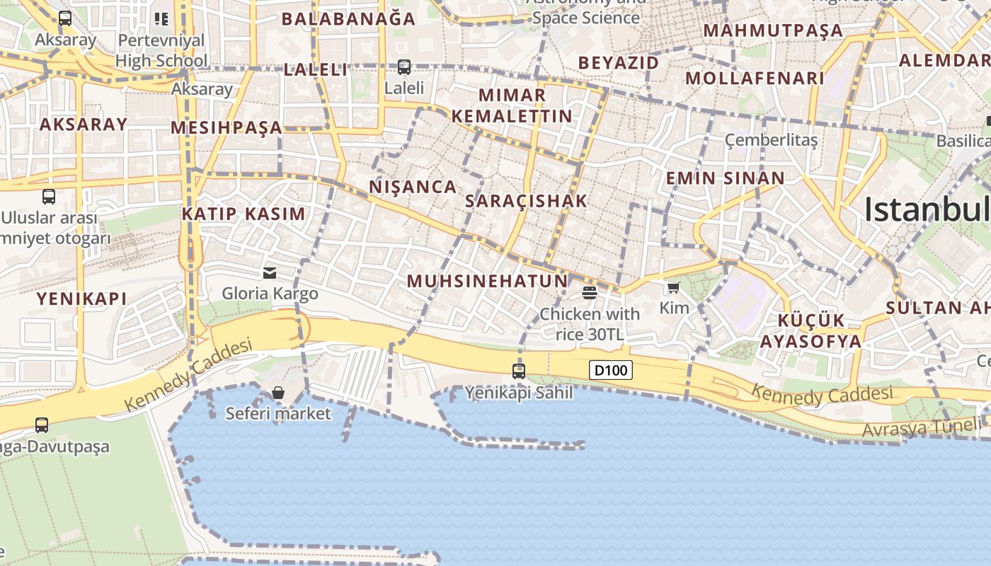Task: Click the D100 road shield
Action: (610, 369)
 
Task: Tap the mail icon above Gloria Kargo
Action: (269, 273)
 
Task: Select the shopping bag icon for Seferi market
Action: (278, 393)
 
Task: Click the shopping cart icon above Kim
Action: (673, 288)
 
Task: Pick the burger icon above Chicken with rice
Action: (590, 292)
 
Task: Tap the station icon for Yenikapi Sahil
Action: (519, 371)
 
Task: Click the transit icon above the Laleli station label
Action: (403, 67)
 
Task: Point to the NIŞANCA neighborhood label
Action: (413, 187)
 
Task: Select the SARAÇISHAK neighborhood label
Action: (526, 201)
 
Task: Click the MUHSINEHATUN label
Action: (487, 281)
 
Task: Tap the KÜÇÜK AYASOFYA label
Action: (810, 330)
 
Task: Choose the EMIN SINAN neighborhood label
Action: (725, 178)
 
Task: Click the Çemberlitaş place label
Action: (771, 140)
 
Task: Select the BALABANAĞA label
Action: (348, 19)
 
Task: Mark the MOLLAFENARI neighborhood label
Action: (755, 78)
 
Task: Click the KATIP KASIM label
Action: (244, 214)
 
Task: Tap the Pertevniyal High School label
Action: (161, 50)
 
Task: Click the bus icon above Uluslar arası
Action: (49, 197)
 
